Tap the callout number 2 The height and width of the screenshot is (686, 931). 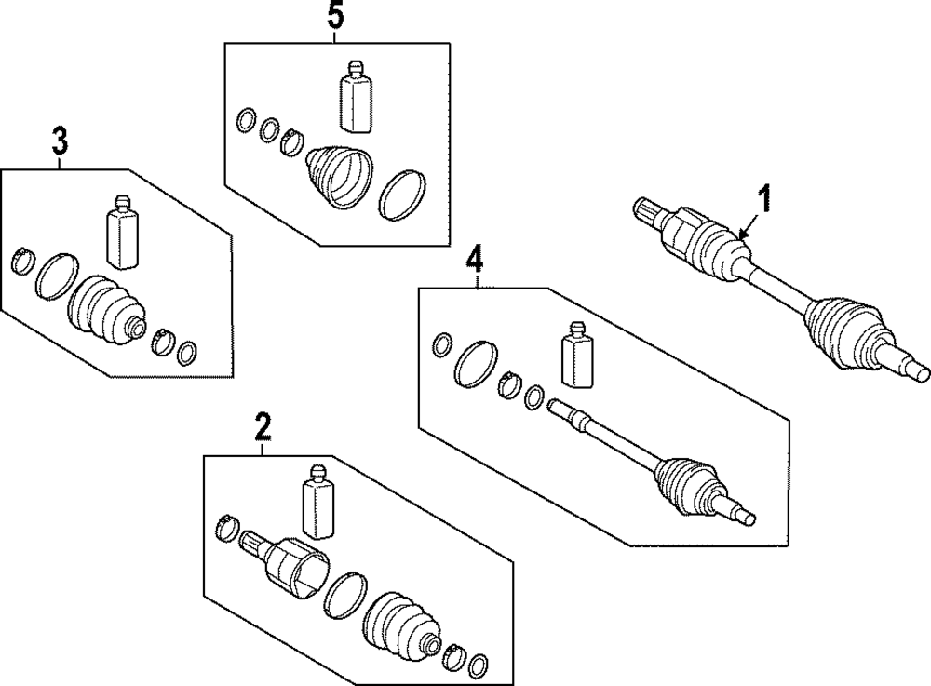(263, 428)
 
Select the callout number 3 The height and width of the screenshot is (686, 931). (59, 142)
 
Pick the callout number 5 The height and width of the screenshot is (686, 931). (336, 16)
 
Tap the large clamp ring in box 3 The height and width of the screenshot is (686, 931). (56, 275)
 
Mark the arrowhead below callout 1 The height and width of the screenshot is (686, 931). (741, 234)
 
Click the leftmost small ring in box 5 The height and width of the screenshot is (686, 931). (246, 119)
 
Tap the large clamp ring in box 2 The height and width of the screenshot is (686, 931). (344, 596)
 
